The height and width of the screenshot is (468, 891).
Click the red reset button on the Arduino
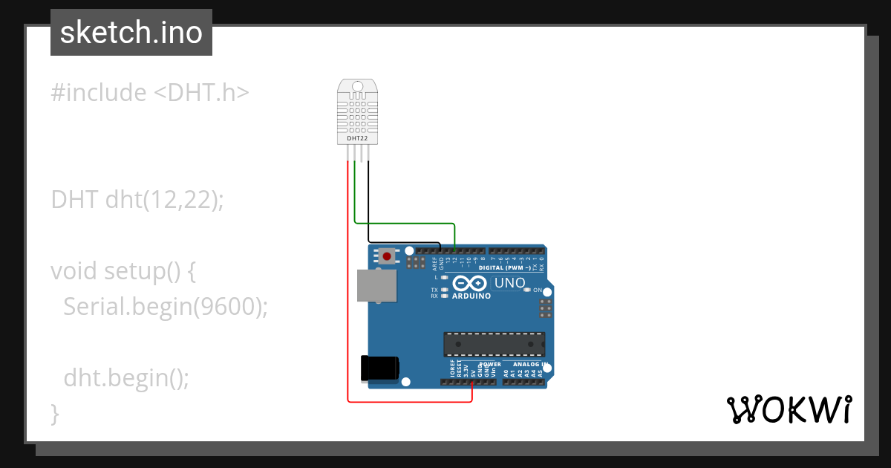point(387,256)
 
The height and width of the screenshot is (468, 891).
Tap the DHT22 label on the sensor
point(357,138)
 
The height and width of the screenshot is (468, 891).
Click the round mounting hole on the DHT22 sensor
point(357,86)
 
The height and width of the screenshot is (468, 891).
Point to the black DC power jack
point(379,368)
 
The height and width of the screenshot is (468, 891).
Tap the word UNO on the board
point(510,283)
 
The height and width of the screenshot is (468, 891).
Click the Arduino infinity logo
point(469,283)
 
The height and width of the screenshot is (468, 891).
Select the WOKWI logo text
point(789,409)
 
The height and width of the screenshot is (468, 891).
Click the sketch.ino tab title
point(131,33)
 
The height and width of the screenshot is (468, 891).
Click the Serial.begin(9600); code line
point(165,306)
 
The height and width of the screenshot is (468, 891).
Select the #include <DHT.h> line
point(150,93)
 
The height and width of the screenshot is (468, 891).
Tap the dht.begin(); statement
point(126,377)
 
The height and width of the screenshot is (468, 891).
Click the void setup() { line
point(123,270)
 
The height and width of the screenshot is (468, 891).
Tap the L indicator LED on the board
point(444,277)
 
